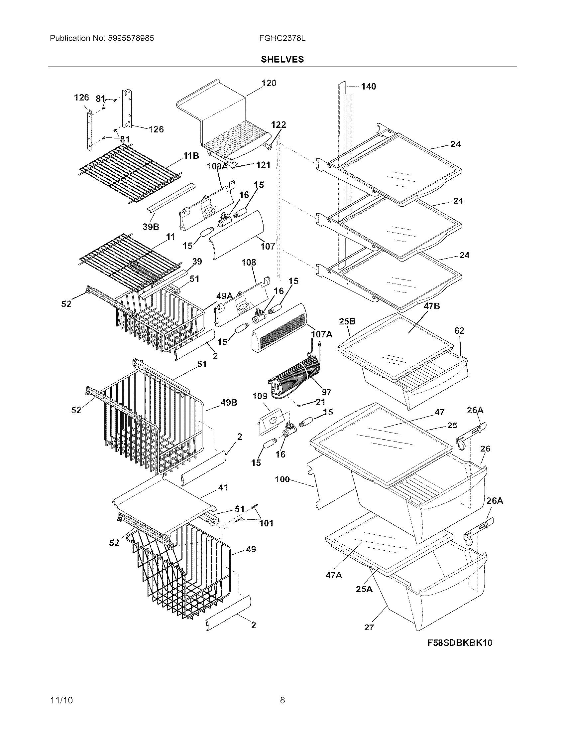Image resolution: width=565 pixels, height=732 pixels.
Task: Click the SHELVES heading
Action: tap(282, 59)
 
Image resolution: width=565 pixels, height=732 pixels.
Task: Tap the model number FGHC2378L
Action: tap(282, 38)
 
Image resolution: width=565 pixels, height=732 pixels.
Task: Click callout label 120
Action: tap(269, 83)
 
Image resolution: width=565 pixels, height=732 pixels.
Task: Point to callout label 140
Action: tap(369, 87)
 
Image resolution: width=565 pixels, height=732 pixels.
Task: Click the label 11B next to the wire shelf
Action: tap(191, 155)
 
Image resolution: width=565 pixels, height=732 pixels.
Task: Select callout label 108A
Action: tap(217, 166)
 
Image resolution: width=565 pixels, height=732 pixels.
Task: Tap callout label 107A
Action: tap(322, 334)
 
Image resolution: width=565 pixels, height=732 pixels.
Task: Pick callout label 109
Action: tap(260, 397)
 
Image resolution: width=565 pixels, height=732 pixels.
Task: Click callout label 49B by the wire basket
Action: tap(229, 403)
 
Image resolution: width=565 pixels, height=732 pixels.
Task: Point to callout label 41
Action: tap(223, 487)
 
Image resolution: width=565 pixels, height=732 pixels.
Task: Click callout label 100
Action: tap(282, 479)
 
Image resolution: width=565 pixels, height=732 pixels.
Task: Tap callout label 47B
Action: tap(431, 306)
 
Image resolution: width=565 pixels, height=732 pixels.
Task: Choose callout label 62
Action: tap(459, 331)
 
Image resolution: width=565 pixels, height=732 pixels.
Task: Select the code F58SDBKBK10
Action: tap(460, 642)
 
